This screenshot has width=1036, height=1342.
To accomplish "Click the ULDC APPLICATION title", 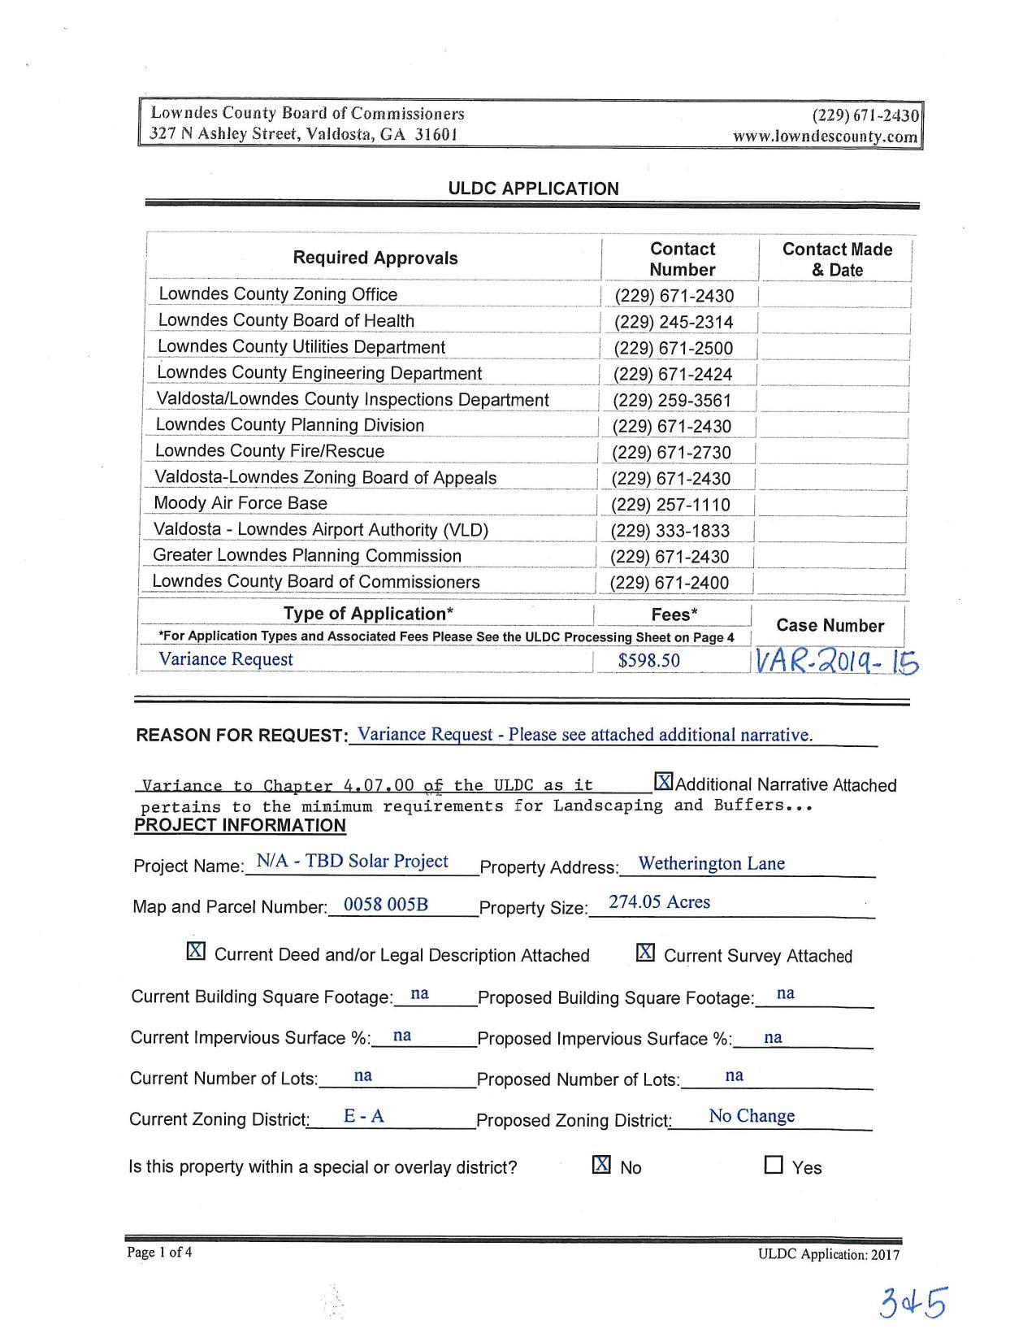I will coord(533,189).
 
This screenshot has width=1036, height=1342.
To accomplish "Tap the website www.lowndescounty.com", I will coord(825,137).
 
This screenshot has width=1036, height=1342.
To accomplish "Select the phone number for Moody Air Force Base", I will coord(670,505).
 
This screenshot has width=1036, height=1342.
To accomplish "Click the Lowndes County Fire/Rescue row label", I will coord(270,451).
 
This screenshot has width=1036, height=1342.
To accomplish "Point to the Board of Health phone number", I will coord(674,323).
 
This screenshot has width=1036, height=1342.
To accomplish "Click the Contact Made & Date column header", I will coord(837,259).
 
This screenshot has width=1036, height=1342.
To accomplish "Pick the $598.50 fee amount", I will coord(648,660).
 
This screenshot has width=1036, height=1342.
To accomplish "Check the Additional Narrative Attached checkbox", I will coord(664,783).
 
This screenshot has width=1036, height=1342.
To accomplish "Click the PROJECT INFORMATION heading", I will coord(240,826).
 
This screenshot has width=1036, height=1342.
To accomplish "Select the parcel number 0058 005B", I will coord(386,905).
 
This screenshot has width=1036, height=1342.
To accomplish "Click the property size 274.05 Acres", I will coord(659,902).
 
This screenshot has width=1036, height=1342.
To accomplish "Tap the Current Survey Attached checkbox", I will coord(645,952).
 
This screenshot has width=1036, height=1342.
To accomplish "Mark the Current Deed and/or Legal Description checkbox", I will coord(196,951).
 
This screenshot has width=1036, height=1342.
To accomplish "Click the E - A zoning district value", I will coord(363,1116).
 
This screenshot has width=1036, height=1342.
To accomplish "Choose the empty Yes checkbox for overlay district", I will coord(774,1166).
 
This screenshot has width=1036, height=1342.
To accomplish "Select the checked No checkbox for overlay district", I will coord(601,1165).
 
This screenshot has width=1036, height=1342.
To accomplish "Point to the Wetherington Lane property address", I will coord(711,863).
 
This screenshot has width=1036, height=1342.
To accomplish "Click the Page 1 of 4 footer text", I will coord(160,1252).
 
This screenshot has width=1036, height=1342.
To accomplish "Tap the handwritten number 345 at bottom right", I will coord(912,1303).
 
